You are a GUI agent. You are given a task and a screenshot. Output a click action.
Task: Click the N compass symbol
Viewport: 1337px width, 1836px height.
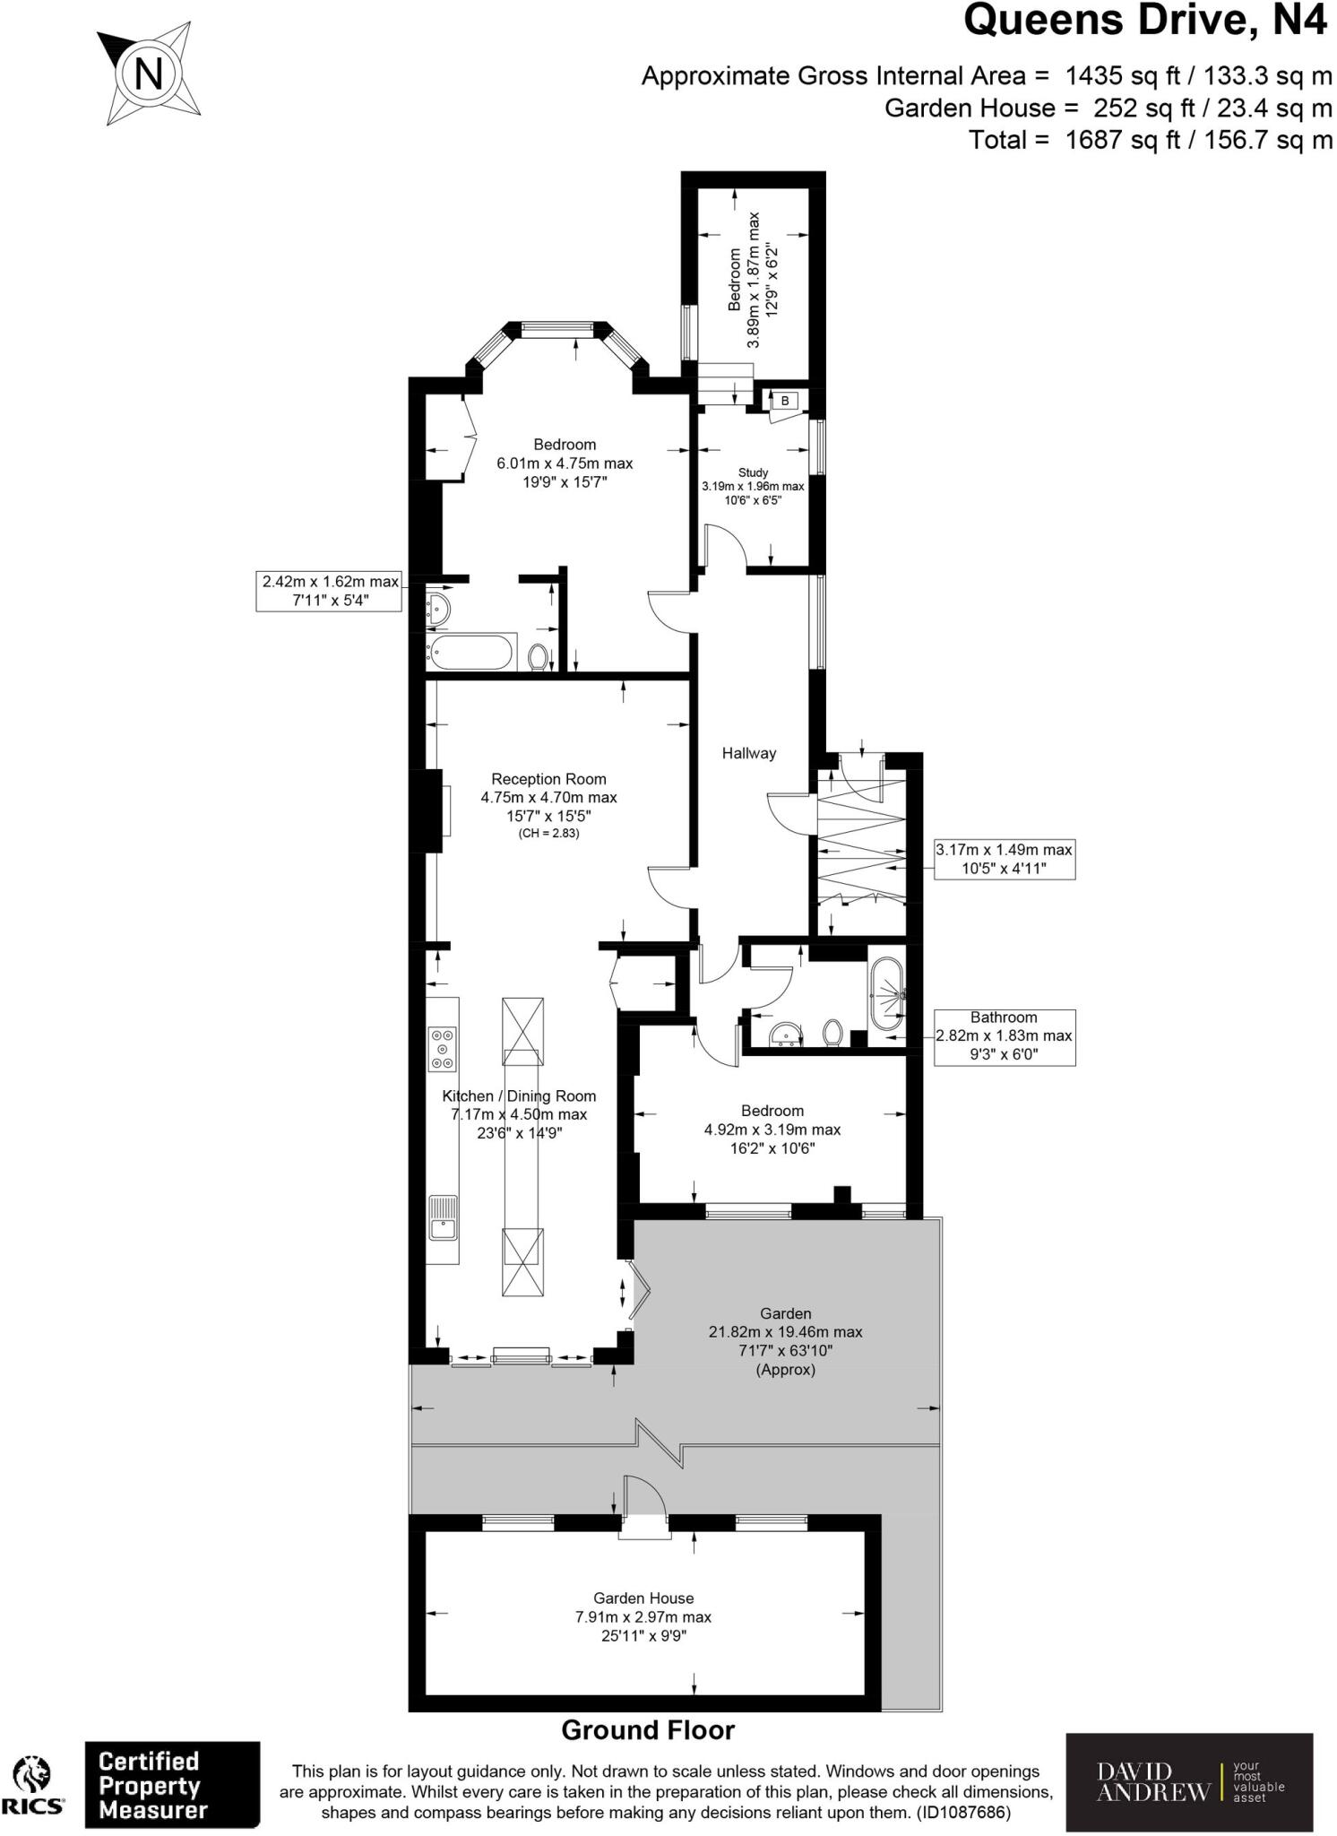(149, 73)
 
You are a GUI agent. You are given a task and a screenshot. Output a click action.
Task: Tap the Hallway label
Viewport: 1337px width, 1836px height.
(748, 753)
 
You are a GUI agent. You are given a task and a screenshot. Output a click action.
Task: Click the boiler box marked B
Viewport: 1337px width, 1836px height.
(785, 401)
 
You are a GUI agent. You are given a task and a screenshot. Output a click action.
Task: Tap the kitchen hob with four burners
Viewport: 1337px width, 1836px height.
(442, 1048)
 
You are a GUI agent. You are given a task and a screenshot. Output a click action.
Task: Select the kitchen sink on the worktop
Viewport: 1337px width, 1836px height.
(443, 1217)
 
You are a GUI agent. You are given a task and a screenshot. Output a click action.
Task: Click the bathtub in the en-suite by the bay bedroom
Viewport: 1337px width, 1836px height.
(470, 652)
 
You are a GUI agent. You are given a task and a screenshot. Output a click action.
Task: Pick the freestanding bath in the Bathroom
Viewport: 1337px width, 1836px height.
(886, 993)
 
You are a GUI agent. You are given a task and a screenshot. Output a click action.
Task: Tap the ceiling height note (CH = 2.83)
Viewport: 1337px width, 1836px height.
(548, 834)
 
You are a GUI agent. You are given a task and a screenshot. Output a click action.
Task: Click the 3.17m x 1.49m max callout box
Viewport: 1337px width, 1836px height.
(1004, 859)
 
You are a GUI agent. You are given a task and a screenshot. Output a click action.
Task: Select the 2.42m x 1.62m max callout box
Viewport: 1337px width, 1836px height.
(329, 591)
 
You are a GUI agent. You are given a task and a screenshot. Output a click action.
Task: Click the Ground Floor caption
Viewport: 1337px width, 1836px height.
(648, 1730)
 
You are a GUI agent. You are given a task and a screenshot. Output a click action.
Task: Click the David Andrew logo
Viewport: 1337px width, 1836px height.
(1188, 1782)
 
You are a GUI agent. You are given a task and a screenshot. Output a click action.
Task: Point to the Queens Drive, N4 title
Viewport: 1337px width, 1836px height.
(1144, 22)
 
